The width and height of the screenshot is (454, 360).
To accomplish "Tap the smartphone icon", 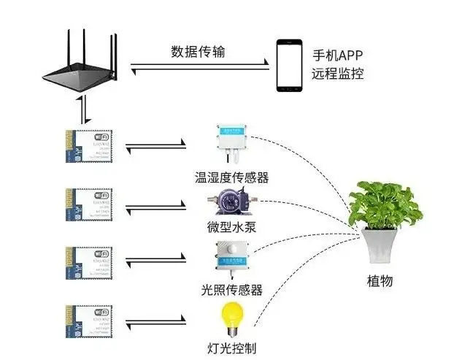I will pos(289,65).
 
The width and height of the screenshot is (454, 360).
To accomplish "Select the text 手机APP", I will pos(337,55).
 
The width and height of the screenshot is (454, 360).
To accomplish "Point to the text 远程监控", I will pos(337,74).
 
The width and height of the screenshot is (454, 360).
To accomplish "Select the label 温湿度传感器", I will pos(231,177).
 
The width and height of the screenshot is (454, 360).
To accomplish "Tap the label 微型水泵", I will pos(231,226).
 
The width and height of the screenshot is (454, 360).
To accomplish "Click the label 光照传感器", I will pos(231,290).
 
